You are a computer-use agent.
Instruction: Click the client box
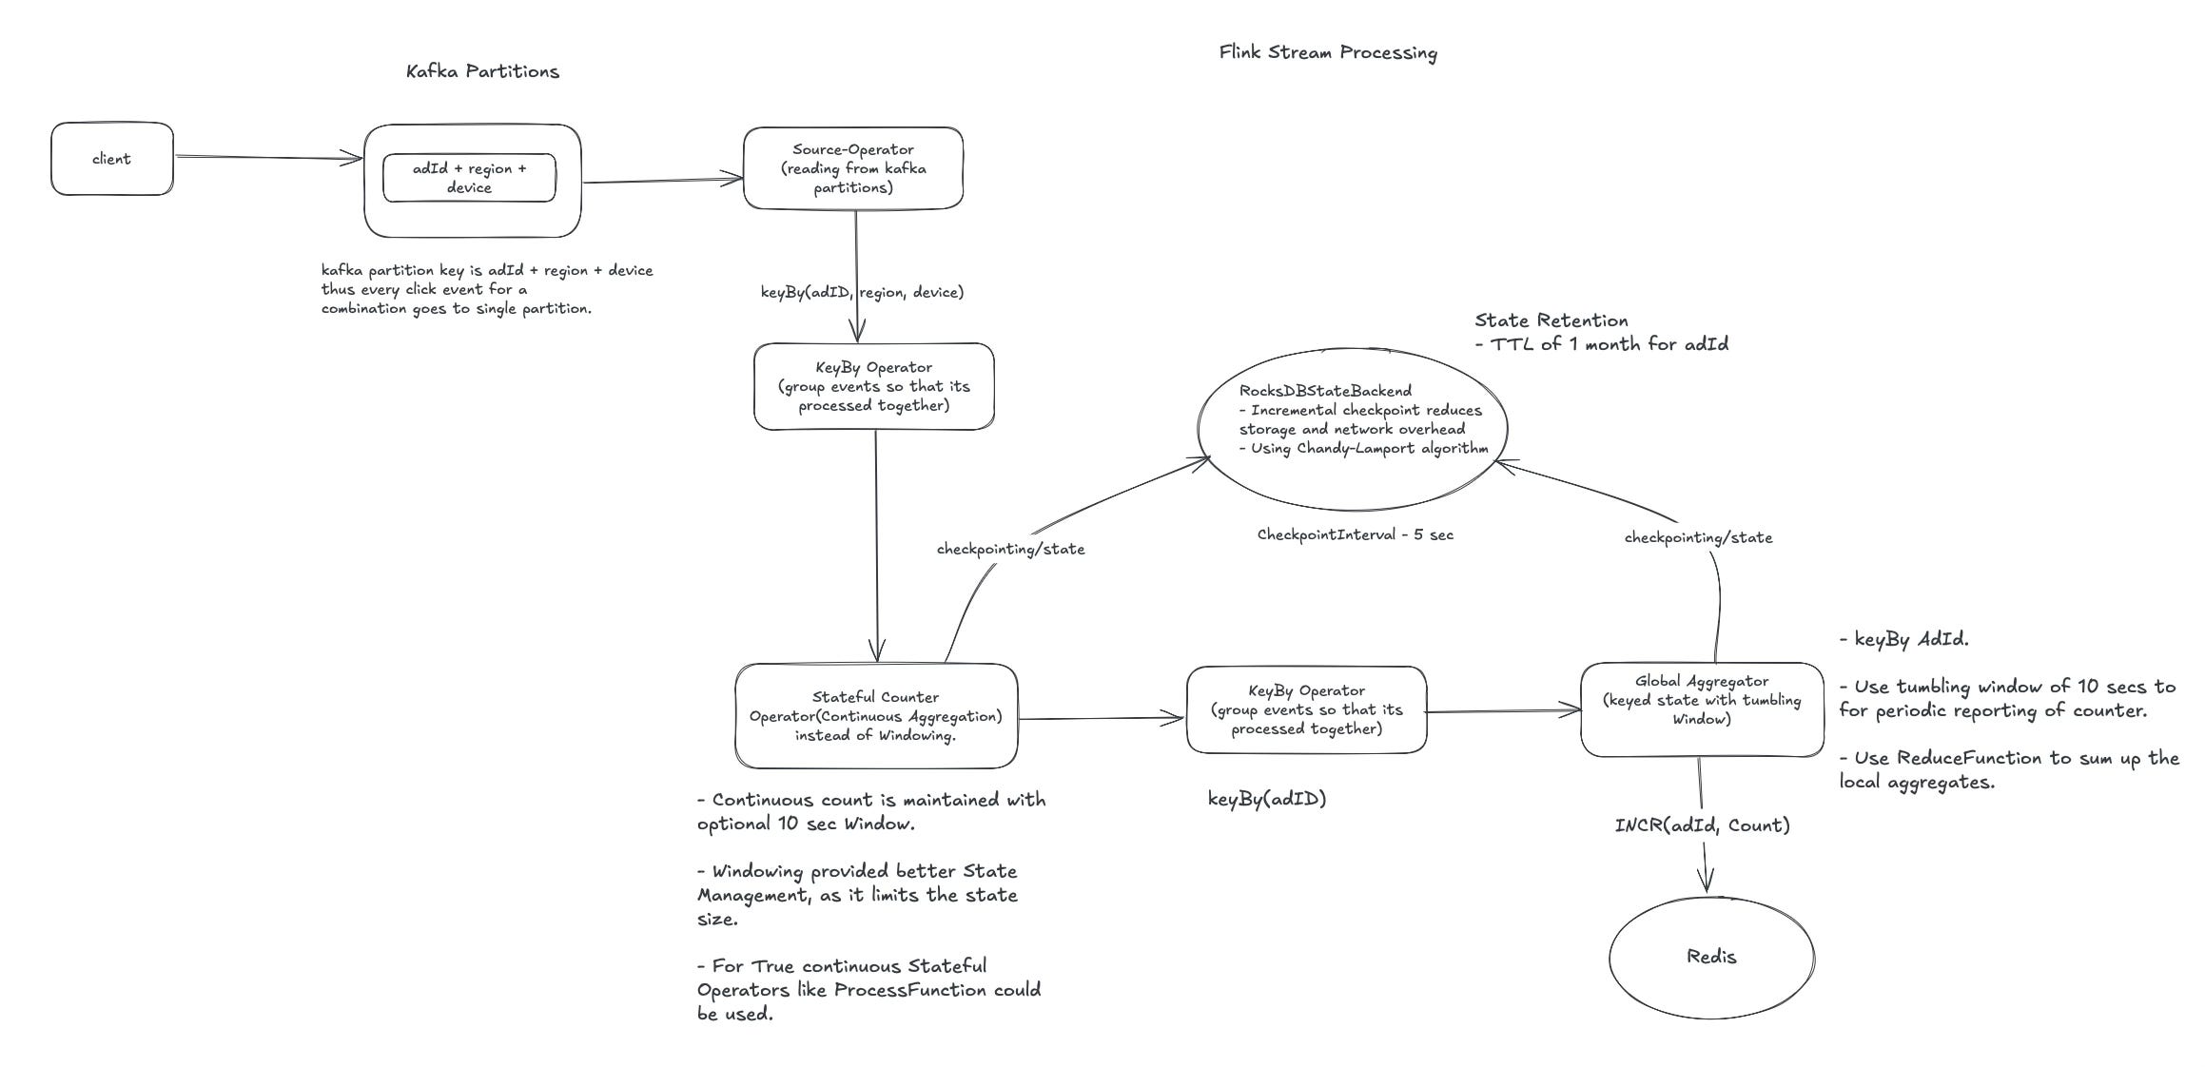coord(111,159)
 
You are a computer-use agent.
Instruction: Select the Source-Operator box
coord(852,168)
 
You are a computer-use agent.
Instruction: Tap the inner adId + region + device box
coord(469,178)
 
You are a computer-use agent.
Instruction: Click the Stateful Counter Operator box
coord(875,716)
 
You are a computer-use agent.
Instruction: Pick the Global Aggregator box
coord(1701,709)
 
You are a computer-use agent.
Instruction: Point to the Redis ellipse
coord(1711,957)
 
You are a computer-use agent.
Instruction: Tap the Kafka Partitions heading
coord(482,71)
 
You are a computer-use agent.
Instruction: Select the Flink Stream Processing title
coord(1328,52)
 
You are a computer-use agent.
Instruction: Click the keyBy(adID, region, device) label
coord(862,292)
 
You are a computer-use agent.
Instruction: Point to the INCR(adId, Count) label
coord(1702,825)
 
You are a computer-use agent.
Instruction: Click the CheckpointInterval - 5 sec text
coord(1355,534)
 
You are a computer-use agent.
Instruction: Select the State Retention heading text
coord(1551,320)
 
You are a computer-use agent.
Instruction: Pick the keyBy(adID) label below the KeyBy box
coord(1266,799)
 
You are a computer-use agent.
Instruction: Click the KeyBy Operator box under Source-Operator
coord(873,386)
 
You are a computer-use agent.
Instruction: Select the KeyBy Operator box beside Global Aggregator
coord(1306,709)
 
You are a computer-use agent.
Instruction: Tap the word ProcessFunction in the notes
coord(909,990)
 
